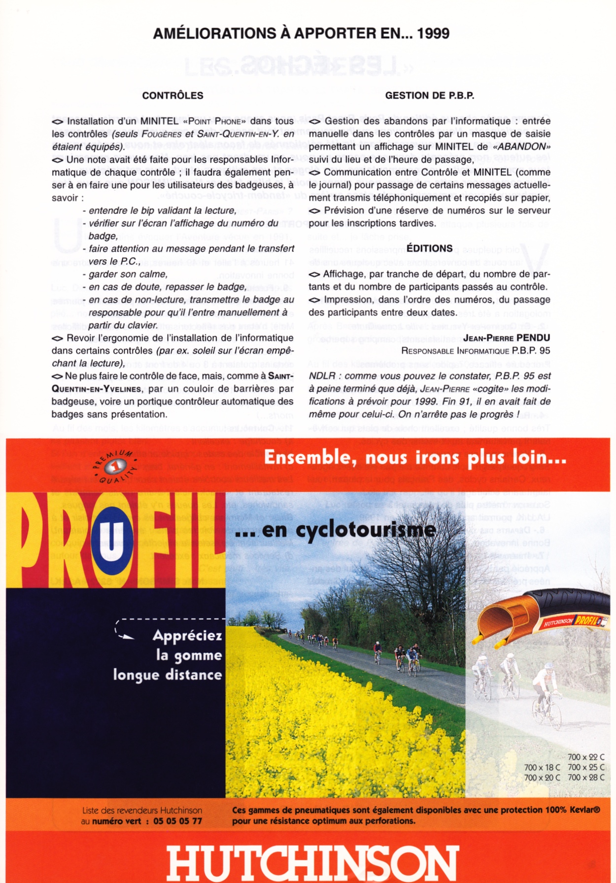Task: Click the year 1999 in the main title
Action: [x=433, y=34]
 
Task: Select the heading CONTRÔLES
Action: [x=172, y=96]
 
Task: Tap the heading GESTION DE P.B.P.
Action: [x=429, y=96]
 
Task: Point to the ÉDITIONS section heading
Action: [x=429, y=249]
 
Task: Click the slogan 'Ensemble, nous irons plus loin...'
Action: [x=415, y=458]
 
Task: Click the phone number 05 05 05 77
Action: [x=177, y=821]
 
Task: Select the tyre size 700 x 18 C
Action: [x=542, y=767]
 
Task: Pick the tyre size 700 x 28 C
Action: [x=586, y=778]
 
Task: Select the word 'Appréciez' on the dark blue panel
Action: [x=187, y=636]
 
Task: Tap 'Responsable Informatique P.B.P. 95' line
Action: [x=476, y=351]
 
